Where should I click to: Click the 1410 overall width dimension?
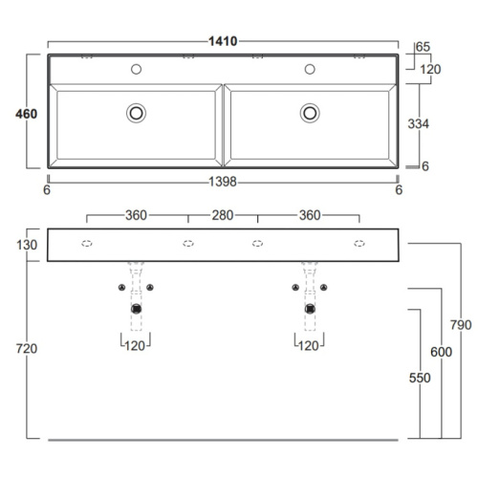[x=223, y=41]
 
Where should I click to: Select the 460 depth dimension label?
[x=27, y=114]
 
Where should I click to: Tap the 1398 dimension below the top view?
[x=223, y=182]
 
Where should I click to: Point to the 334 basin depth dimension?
[x=419, y=123]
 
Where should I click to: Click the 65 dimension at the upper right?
[x=423, y=47]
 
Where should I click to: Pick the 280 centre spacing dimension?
[x=223, y=215]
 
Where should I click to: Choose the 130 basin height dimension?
[x=27, y=245]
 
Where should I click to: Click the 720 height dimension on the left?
[x=27, y=349]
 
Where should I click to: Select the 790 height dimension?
[x=461, y=325]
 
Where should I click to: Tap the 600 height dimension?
[x=442, y=352]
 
